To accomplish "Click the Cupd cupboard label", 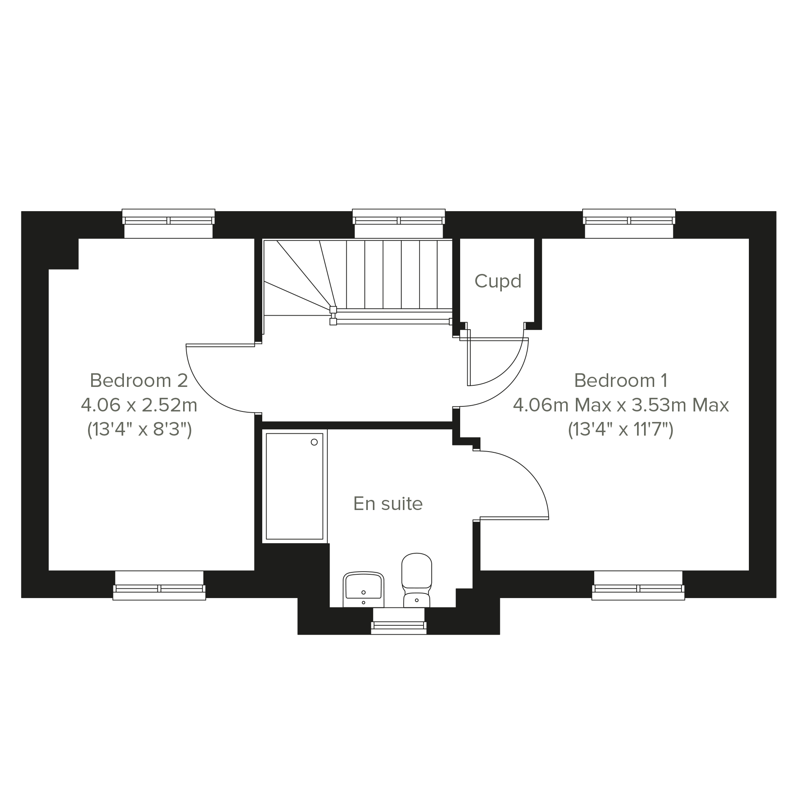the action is tap(498, 281).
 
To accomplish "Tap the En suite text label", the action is tap(388, 503).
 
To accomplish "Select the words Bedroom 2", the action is tap(139, 380).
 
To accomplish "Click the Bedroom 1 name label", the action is tap(621, 380).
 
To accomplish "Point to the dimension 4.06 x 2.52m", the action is tap(139, 405).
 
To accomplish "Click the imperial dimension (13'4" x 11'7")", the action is tap(621, 430).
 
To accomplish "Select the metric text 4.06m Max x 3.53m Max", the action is tap(621, 405).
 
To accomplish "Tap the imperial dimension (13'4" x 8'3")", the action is tap(139, 430).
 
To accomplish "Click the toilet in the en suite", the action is tap(417, 580).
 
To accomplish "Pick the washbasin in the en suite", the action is tap(364, 589).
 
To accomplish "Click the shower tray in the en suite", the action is tap(295, 486).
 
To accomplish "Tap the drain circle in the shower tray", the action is tap(314, 442).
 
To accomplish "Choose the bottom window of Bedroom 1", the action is tap(638, 586).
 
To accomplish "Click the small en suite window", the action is tap(399, 621).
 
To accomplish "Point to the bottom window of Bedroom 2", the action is tap(159, 586).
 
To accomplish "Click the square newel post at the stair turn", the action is tap(333, 309).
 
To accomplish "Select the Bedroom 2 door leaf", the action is tap(221, 346).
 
